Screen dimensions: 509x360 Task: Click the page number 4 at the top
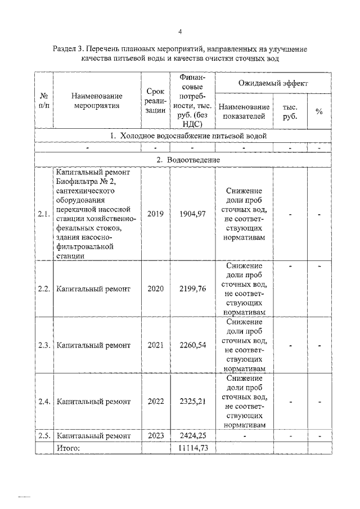[x=179, y=31]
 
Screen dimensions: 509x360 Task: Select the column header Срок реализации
[x=155, y=101]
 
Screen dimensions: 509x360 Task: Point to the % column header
[x=318, y=111]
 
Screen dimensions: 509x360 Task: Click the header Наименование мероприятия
[x=97, y=101]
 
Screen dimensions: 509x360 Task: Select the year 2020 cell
[x=155, y=289]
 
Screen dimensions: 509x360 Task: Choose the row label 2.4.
[x=44, y=402]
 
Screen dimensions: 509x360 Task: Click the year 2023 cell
[x=155, y=435]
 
